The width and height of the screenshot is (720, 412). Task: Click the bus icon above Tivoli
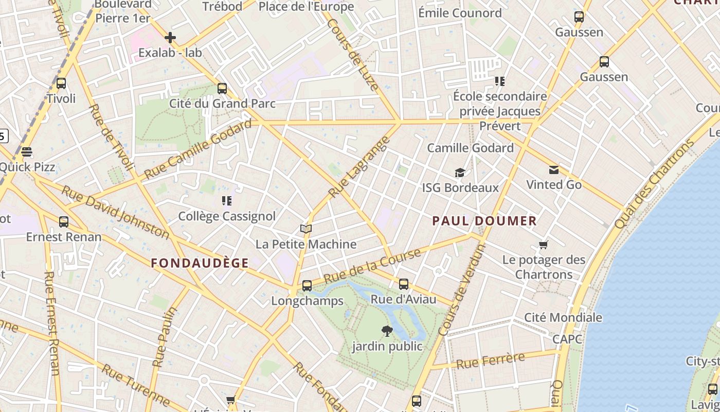pyautogui.click(x=61, y=83)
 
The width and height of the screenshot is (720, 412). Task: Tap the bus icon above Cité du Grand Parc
pyautogui.click(x=222, y=88)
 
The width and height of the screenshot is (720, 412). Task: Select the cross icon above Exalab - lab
pyautogui.click(x=170, y=37)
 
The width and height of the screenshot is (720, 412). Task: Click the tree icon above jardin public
pyautogui.click(x=387, y=331)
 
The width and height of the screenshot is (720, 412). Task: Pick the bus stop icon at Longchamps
pyautogui.click(x=307, y=285)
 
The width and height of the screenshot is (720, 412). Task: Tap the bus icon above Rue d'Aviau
pyautogui.click(x=404, y=284)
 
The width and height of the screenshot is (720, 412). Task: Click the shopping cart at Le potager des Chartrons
pyautogui.click(x=544, y=245)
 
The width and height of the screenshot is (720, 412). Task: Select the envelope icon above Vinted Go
pyautogui.click(x=554, y=169)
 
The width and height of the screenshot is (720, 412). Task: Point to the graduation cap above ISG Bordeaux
pyautogui.click(x=460, y=173)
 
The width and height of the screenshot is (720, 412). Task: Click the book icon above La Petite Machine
pyautogui.click(x=306, y=229)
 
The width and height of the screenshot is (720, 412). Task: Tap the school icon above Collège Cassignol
pyautogui.click(x=227, y=200)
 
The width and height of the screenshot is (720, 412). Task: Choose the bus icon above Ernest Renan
pyautogui.click(x=64, y=221)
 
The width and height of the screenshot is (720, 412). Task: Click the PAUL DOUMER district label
pyautogui.click(x=484, y=221)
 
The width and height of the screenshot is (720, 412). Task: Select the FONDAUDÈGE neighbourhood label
pyautogui.click(x=200, y=263)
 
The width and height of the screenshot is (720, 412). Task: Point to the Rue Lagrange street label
pyautogui.click(x=356, y=169)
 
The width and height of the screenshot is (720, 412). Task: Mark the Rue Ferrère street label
pyautogui.click(x=490, y=360)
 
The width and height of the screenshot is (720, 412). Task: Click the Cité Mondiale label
pyautogui.click(x=563, y=317)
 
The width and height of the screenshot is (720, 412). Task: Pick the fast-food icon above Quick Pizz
pyautogui.click(x=27, y=152)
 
